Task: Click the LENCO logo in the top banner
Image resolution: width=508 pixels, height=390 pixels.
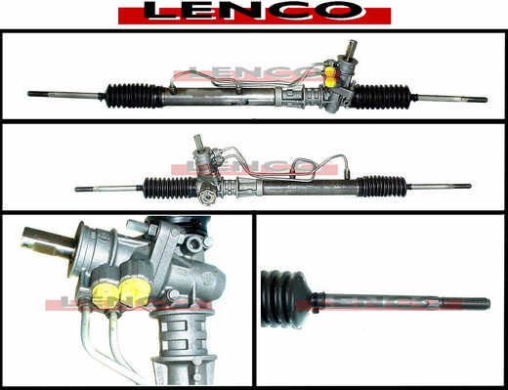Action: [254, 13]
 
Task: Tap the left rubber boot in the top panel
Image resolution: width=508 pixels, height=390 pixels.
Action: [135, 95]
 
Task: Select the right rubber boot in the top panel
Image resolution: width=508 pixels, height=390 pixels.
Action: [381, 97]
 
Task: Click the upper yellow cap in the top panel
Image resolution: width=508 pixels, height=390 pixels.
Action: [331, 71]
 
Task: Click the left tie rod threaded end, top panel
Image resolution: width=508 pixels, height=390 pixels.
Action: [38, 94]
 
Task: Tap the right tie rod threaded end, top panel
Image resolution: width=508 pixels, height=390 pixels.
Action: [476, 100]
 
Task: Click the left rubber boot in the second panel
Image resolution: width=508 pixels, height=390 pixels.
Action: [170, 188]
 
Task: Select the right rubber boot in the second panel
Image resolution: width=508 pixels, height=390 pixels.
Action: [383, 187]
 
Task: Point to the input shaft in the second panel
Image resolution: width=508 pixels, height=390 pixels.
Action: [198, 143]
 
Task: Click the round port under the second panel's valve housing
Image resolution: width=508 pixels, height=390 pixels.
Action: [206, 197]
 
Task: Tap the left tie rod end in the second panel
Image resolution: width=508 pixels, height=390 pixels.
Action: [85, 189]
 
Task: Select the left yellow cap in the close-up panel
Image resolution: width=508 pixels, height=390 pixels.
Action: [104, 295]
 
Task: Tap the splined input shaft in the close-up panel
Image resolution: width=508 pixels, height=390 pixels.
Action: [47, 242]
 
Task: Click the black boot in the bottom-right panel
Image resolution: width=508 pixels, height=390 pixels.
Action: [286, 298]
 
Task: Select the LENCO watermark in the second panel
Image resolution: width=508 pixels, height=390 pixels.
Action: [255, 167]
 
